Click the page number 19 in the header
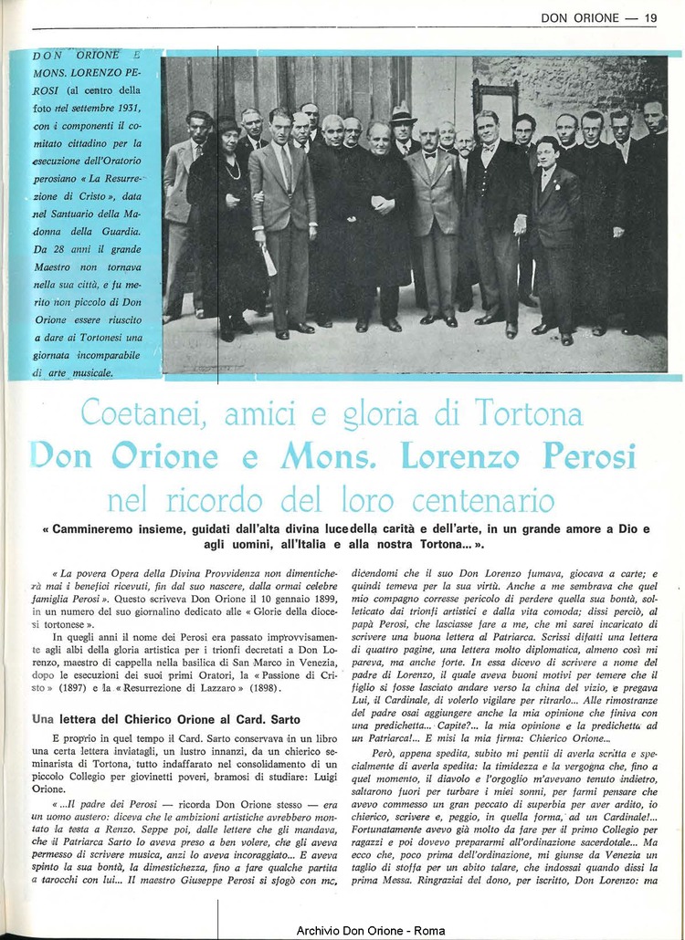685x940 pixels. (x=650, y=16)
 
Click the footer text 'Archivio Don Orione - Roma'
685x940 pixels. (x=371, y=930)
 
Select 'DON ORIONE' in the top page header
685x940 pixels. (x=580, y=16)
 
